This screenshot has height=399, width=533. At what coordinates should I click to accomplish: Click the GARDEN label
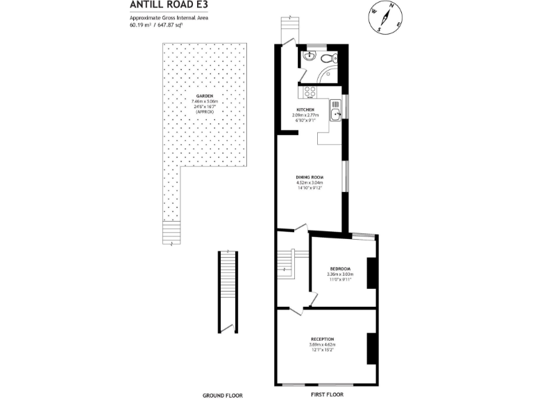204,96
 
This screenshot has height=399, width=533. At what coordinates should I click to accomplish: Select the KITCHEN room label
306,109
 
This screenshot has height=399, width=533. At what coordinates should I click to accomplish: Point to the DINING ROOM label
309,177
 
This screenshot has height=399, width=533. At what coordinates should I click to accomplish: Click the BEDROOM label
339,269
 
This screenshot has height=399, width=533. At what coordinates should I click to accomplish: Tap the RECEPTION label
322,339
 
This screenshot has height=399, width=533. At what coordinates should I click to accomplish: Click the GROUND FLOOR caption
222,395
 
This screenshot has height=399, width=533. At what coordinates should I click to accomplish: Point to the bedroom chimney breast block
372,272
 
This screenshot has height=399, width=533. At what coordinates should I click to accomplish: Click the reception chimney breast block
372,348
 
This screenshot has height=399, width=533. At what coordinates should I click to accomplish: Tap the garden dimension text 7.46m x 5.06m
204,101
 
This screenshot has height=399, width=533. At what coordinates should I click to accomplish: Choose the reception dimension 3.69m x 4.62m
322,345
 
